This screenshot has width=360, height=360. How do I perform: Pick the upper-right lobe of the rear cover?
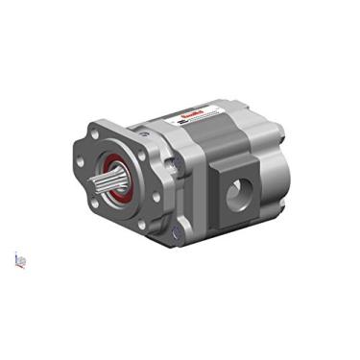point(279,135)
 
